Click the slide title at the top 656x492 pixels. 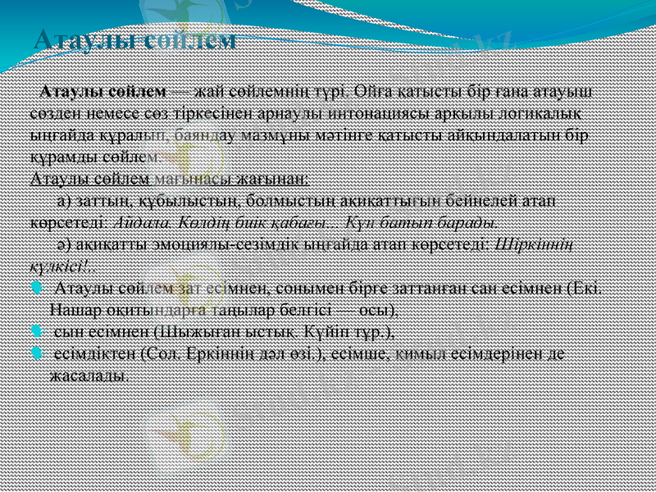[135, 39]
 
